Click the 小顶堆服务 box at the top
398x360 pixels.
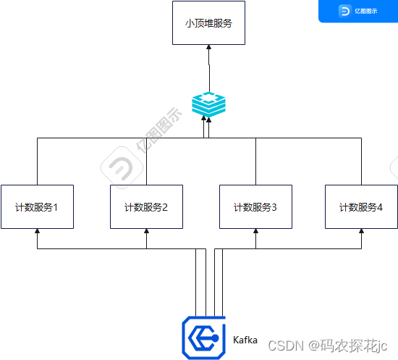tap(208, 23)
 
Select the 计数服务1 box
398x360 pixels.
tap(37, 207)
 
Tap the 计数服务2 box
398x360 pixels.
tap(146, 207)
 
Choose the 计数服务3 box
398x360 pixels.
tap(255, 207)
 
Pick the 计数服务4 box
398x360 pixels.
tap(361, 207)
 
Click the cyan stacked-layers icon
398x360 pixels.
tap(208, 104)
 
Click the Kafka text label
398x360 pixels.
tap(245, 339)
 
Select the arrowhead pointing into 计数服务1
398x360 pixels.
tap(37, 232)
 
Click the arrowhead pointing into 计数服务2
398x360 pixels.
tap(146, 232)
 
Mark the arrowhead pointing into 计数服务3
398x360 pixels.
tap(255, 232)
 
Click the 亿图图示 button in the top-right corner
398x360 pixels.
tap(358, 11)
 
